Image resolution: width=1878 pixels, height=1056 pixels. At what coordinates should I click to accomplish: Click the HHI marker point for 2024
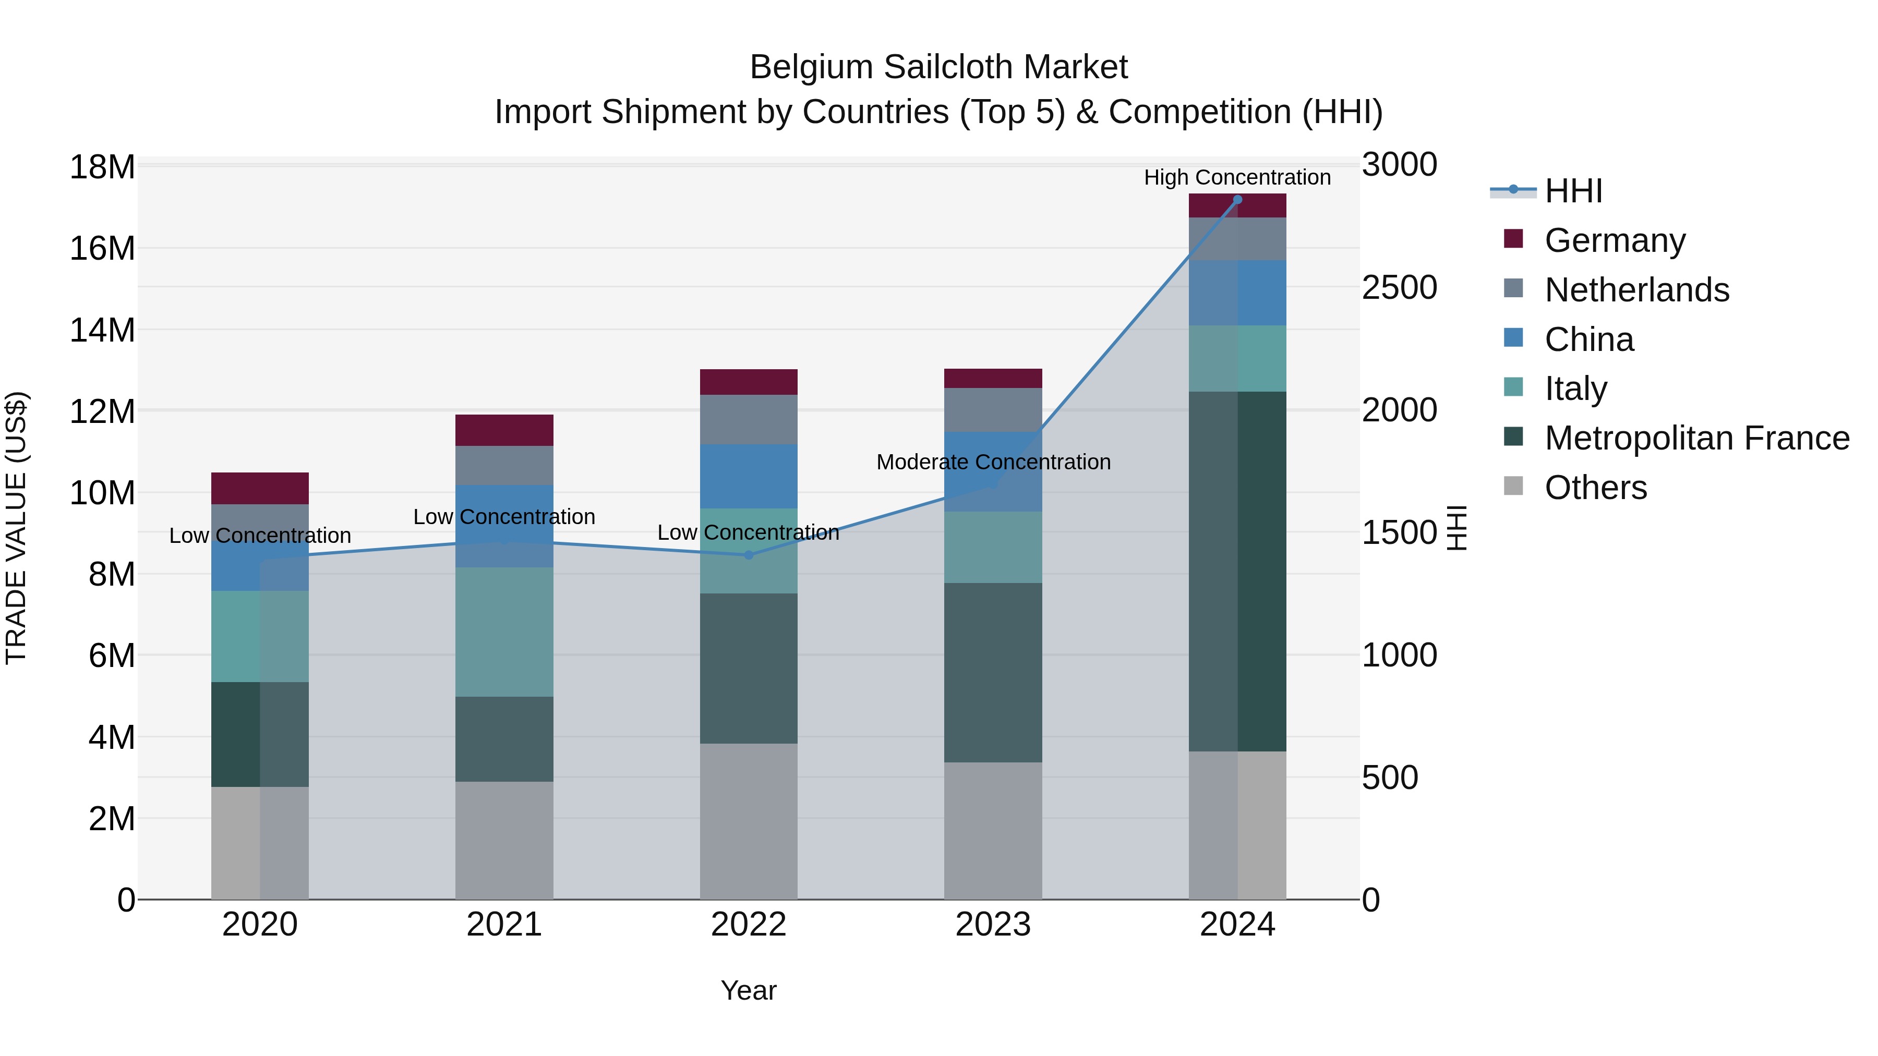[1237, 200]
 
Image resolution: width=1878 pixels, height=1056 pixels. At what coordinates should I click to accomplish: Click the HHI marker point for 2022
[749, 555]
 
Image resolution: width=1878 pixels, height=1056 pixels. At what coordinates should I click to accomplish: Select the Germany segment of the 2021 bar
[504, 430]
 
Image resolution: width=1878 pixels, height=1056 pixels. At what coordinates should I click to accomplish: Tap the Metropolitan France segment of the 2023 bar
[993, 673]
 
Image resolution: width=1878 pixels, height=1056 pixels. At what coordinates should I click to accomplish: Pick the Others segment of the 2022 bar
[749, 821]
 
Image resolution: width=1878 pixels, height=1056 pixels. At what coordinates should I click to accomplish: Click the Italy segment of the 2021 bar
[504, 632]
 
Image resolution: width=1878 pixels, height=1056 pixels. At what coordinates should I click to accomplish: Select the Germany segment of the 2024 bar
[1237, 206]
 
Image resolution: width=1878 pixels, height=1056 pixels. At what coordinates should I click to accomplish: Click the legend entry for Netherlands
[1636, 290]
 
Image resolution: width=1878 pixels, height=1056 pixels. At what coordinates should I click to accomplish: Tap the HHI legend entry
[1573, 191]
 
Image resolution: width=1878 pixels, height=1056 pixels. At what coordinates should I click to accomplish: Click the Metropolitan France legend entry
[1696, 438]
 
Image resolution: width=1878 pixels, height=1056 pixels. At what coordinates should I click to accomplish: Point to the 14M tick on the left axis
[102, 330]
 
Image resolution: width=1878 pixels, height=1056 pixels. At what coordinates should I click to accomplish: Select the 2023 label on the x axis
[993, 925]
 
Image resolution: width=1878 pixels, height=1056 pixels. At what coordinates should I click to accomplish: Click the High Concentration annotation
[1237, 177]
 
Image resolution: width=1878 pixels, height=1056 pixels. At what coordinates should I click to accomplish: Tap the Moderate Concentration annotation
[993, 462]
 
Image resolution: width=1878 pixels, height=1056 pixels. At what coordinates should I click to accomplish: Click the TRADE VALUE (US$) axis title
[16, 528]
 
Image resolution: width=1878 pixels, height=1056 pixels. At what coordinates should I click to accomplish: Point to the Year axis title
[749, 990]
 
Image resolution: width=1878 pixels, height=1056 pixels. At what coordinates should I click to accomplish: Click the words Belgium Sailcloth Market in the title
[938, 67]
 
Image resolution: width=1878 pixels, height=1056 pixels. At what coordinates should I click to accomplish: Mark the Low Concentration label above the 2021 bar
[504, 517]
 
